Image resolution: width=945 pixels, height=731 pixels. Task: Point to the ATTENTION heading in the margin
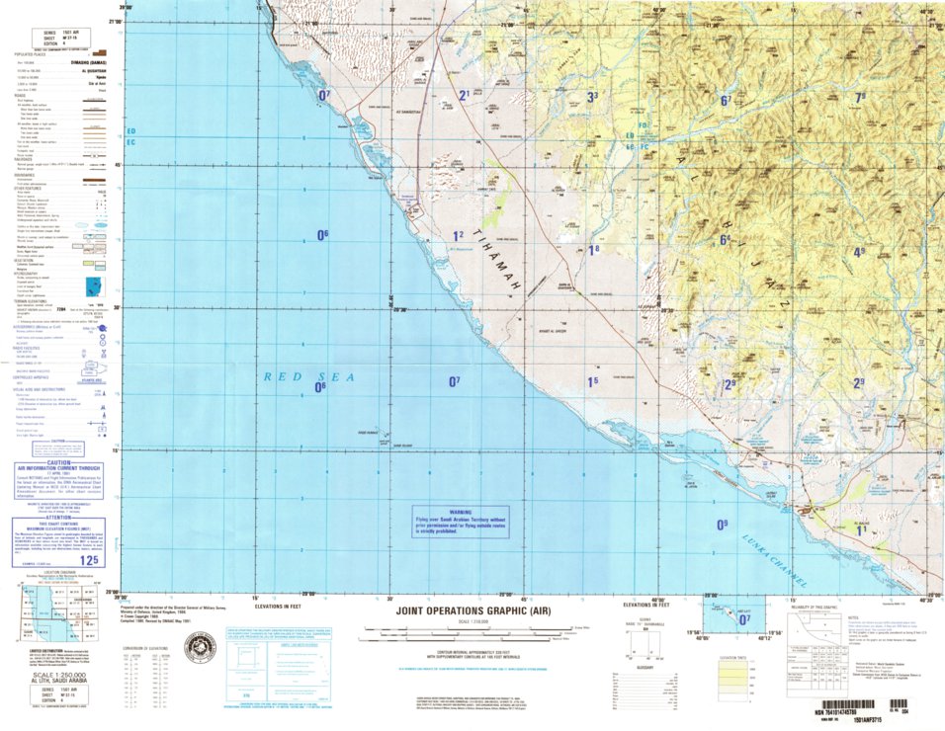click(x=57, y=520)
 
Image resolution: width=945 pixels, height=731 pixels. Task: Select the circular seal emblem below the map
click(x=201, y=649)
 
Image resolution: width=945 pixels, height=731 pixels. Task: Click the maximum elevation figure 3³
click(x=592, y=97)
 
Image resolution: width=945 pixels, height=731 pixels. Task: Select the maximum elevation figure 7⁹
click(x=860, y=97)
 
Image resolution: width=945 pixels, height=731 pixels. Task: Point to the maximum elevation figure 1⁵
click(x=592, y=381)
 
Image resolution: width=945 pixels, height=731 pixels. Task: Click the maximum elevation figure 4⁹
click(x=859, y=252)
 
